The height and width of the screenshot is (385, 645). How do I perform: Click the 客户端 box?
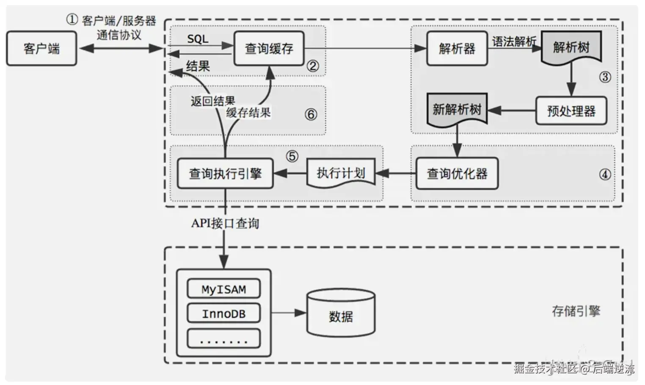42,48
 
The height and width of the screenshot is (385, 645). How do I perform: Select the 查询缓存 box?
269,48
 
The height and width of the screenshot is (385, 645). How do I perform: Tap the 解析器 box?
457,48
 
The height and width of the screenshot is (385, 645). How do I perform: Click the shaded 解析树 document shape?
571,48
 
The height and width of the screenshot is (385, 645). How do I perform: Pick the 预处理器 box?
571,111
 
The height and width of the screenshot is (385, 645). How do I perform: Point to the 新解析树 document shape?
457,110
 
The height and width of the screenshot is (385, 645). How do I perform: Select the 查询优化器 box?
457,174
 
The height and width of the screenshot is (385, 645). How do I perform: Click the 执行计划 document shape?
341,173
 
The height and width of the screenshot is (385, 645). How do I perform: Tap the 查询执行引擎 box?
225,174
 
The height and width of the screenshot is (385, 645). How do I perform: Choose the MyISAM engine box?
224,288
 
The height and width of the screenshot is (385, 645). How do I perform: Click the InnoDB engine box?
224,313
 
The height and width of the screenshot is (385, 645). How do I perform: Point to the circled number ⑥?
311,114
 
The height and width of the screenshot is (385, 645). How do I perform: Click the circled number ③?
605,77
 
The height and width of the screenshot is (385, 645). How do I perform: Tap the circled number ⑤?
292,156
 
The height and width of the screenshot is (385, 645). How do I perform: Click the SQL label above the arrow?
198,39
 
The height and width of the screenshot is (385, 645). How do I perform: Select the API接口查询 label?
225,223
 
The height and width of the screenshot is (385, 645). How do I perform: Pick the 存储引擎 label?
576,311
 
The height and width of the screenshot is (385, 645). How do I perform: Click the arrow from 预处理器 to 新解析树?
512,111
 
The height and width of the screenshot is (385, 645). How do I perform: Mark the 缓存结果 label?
248,112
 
